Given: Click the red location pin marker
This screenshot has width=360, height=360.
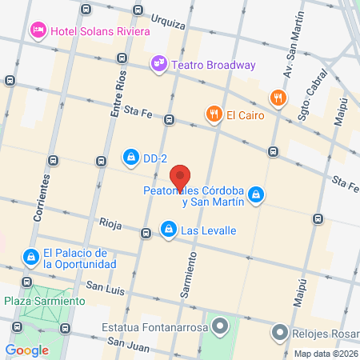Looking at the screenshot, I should [181, 176].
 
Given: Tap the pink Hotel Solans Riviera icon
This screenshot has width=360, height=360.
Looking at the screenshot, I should [38, 30].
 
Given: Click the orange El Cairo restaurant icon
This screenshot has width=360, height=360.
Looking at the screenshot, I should [214, 114].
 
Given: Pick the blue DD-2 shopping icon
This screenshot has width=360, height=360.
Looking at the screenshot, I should [130, 155].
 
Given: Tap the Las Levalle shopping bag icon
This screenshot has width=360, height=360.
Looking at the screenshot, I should [168, 230].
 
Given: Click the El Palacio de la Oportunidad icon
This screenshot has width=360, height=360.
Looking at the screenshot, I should [30, 257].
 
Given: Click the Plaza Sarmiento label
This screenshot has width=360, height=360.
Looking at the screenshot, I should [44, 301].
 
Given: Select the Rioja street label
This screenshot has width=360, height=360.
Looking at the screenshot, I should [110, 223].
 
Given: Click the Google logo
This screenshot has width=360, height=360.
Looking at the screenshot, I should [27, 350].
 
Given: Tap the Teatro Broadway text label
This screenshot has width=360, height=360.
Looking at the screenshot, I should [214, 65].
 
